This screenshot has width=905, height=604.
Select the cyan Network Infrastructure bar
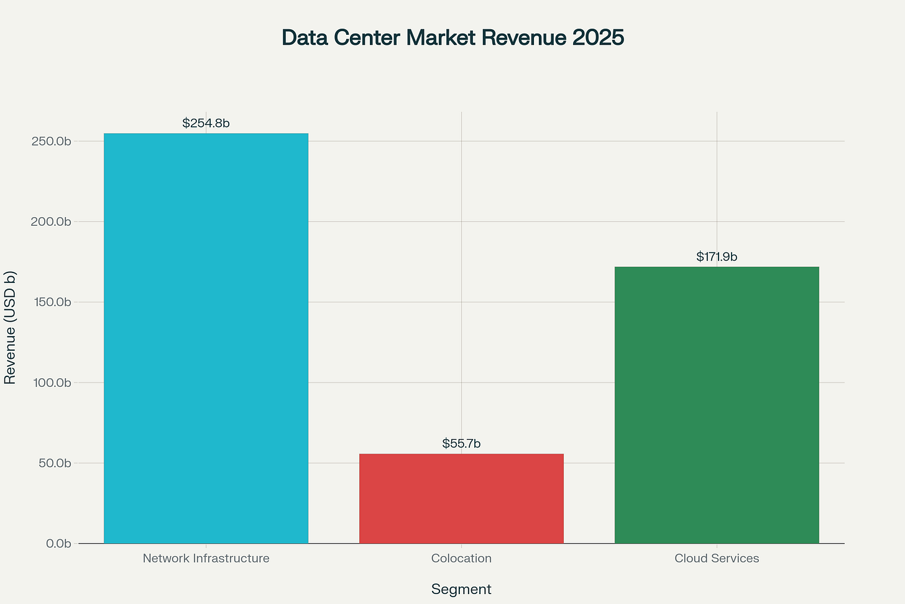click(x=206, y=338)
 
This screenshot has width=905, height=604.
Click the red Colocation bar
click(x=461, y=498)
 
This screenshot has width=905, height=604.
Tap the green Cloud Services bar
click(x=717, y=405)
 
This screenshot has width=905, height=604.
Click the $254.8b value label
click(x=206, y=123)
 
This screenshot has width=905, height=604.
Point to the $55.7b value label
click(x=461, y=444)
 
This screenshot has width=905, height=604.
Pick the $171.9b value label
click(x=717, y=256)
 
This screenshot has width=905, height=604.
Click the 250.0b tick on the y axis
click(x=51, y=141)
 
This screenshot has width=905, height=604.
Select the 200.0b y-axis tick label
click(x=51, y=221)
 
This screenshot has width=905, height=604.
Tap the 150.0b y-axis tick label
click(x=51, y=302)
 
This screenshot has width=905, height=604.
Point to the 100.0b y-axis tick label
click(x=51, y=383)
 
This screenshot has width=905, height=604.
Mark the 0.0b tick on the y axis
click(x=58, y=544)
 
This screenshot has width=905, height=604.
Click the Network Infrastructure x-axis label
click(x=206, y=558)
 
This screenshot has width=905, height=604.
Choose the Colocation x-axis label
click(x=461, y=558)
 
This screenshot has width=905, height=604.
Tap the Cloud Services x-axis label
click(x=717, y=558)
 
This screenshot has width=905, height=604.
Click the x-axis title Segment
click(x=461, y=589)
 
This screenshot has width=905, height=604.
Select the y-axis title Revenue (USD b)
click(x=10, y=327)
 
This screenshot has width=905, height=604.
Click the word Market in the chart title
click(x=443, y=37)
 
